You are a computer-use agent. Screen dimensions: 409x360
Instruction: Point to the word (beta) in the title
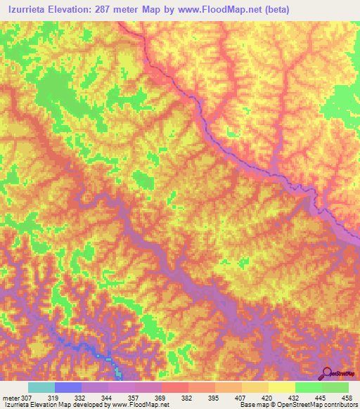coord(272,9)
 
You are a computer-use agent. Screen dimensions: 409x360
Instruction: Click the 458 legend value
coord(347,397)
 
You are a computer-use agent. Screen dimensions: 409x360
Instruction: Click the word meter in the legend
coord(11,397)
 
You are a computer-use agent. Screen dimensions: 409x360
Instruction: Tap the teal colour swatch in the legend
coord(41,387)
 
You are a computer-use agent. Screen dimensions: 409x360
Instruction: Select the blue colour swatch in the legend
coord(67,387)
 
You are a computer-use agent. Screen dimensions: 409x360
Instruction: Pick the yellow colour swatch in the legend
coord(281,387)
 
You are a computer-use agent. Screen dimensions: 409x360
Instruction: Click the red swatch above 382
coord(174,387)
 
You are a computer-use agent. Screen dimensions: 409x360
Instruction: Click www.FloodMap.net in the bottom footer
coord(141,405)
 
